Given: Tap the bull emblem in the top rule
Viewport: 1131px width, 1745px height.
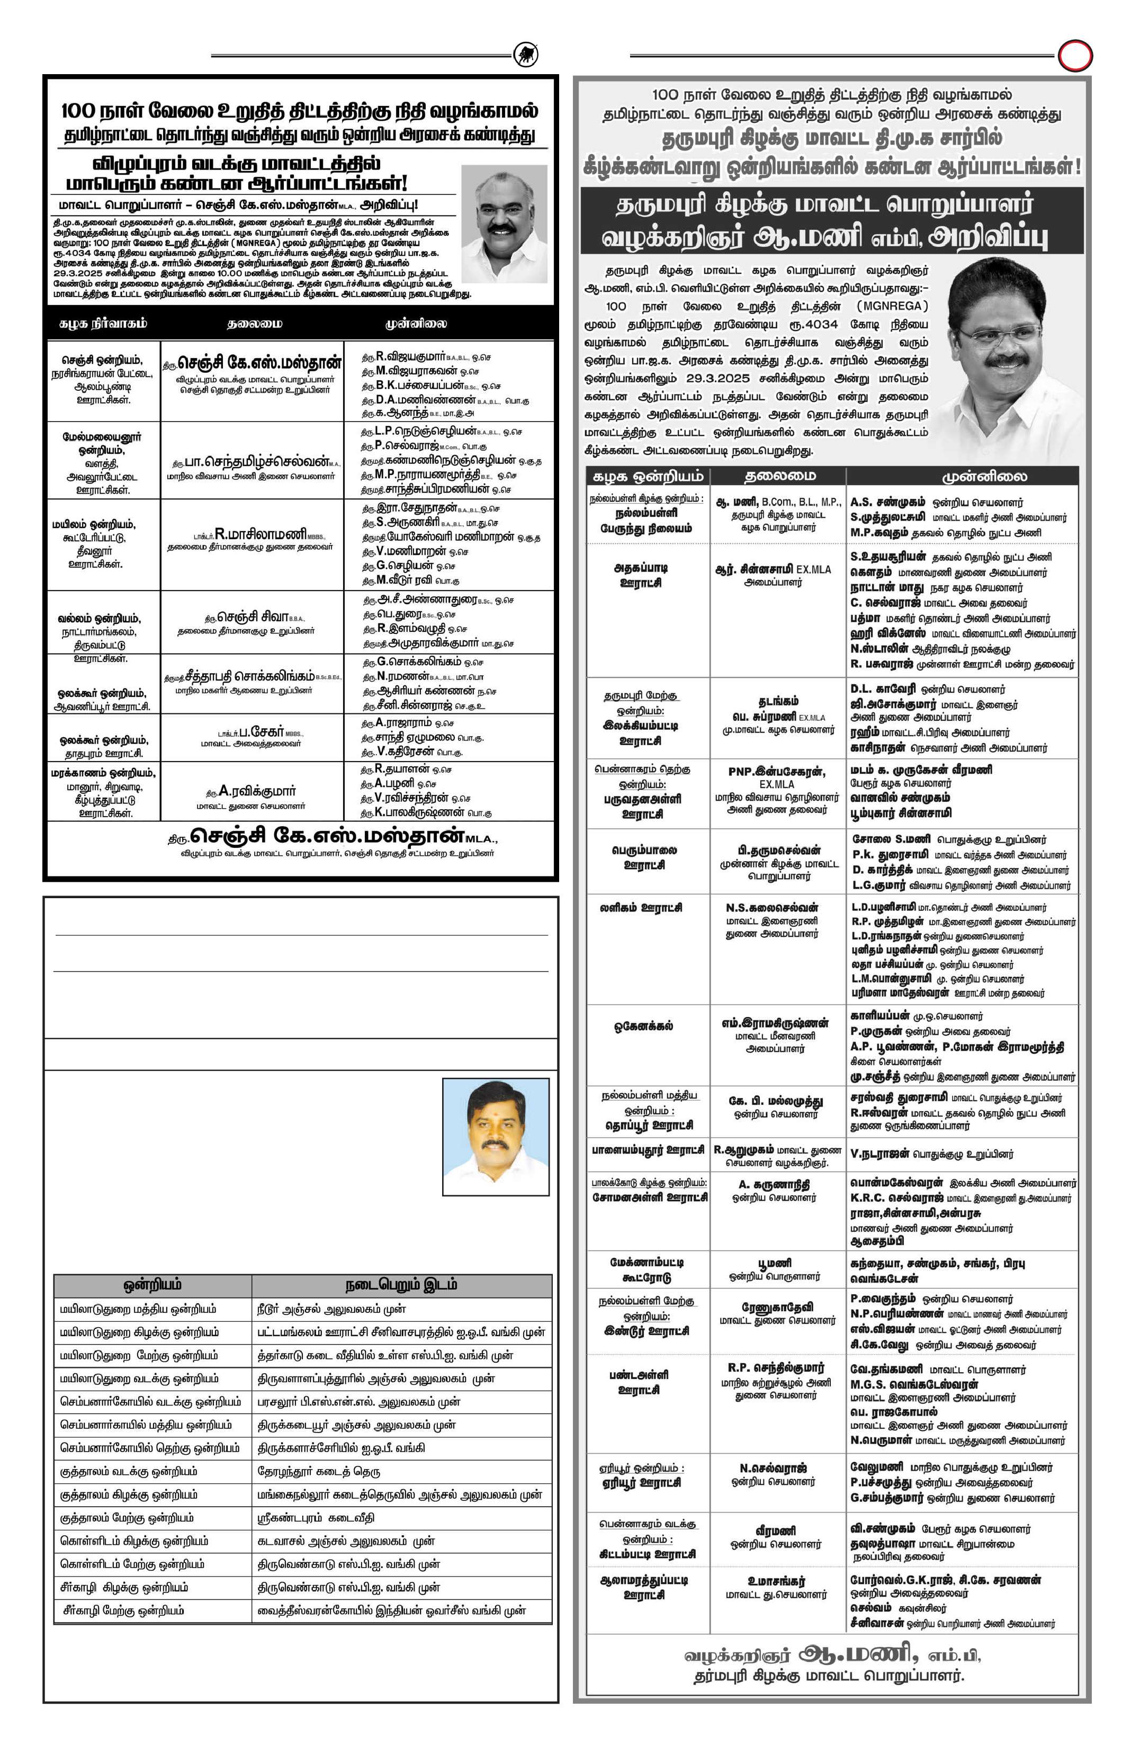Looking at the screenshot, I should click(526, 54).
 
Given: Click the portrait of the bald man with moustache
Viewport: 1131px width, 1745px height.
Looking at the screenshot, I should click(504, 223).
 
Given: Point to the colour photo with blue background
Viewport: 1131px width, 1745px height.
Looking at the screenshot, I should click(496, 1136).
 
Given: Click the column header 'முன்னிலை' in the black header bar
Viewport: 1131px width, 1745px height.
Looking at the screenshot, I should click(416, 324).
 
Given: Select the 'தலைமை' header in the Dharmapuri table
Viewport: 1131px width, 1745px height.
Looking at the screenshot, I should click(779, 477).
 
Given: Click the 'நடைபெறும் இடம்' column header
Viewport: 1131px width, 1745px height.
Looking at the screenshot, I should click(401, 1285).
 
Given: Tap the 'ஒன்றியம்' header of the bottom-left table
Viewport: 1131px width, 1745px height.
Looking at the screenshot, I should click(152, 1285).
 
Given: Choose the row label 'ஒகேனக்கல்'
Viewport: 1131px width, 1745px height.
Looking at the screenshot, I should click(643, 1026).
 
